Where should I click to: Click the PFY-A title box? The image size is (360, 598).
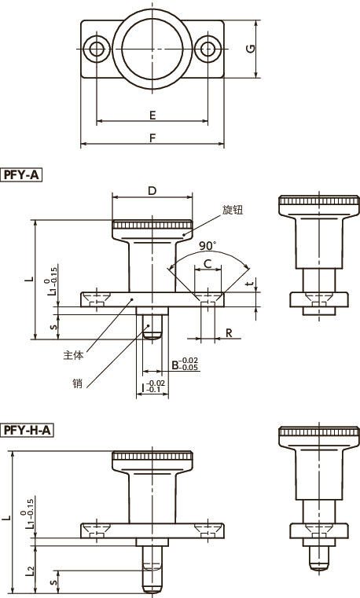click(21, 174)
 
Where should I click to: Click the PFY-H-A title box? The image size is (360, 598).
click(27, 430)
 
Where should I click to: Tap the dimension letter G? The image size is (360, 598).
click(251, 49)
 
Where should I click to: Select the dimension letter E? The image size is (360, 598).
click(152, 115)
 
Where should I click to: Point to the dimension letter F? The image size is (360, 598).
click(152, 138)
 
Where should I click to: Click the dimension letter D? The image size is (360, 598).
click(152, 191)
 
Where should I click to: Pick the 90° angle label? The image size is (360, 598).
click(208, 246)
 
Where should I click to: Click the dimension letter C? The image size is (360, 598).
click(208, 263)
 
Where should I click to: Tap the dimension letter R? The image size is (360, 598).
click(229, 333)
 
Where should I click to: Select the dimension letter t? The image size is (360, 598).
click(250, 284)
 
